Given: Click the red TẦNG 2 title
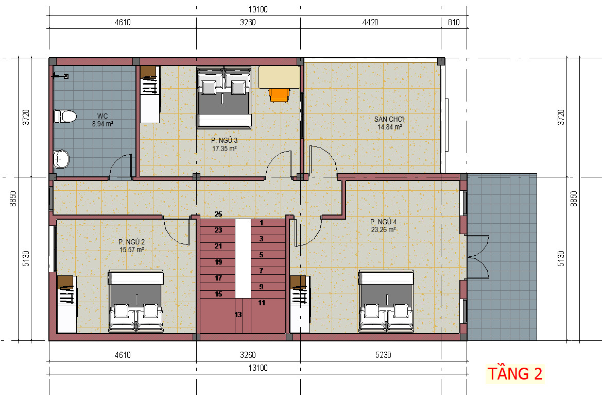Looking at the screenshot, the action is [515, 373].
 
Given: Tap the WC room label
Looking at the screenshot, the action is [102, 116].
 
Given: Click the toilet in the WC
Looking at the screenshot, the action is [65, 116].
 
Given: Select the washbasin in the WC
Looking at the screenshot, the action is [61, 159].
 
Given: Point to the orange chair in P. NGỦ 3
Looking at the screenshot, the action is [279, 95].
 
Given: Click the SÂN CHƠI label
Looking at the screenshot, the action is [390, 119].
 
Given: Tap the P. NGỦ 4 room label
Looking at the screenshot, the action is [383, 222].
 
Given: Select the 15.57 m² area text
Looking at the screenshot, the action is [132, 250].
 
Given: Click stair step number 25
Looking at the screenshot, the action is [218, 214].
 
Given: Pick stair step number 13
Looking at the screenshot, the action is [238, 315].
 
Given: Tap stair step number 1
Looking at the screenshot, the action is [262, 223].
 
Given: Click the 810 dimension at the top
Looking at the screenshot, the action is [454, 22].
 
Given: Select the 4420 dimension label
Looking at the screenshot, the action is [370, 22].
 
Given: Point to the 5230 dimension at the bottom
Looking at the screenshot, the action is [383, 355].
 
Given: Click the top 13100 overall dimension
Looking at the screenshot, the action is [258, 10].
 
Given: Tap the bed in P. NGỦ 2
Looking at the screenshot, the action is [136, 301].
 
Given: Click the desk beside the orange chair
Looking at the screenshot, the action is [279, 77].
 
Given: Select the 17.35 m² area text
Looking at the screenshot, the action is [224, 149].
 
